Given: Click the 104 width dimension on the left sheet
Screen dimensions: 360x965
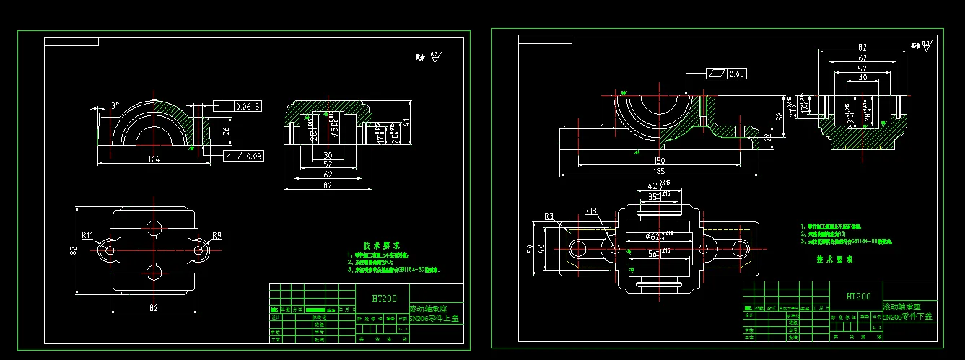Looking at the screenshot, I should pos(152,159).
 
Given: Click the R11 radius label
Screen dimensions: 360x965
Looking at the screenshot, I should pos(87,234).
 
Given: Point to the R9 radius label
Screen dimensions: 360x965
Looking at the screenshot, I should pos(217,234).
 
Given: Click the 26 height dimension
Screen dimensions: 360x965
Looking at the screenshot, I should pos(224,131).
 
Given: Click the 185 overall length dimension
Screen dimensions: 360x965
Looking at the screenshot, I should pos(658,170).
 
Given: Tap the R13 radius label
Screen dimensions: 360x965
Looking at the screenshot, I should pos(590,212).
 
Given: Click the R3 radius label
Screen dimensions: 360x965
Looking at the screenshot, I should pos(549,216).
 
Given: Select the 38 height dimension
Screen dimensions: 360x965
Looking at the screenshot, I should pos(779,115).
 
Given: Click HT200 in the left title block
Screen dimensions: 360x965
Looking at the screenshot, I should pos(384,298).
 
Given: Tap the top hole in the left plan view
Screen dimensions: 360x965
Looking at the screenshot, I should pos(153,227).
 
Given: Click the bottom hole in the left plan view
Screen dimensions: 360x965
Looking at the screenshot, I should pos(153,272).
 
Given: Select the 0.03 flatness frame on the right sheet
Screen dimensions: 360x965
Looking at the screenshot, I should pos(726,74).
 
